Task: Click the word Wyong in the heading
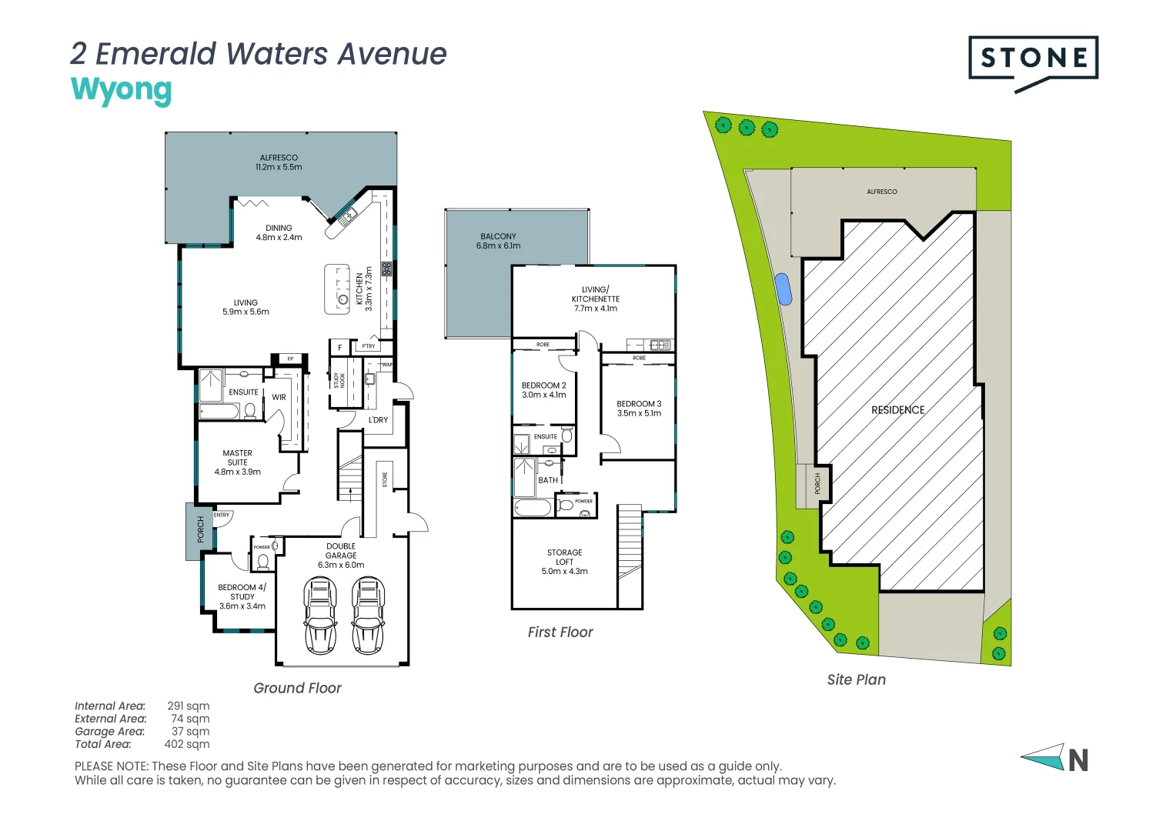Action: click(121, 89)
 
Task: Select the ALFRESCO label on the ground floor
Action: click(279, 158)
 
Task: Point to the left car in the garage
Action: click(320, 616)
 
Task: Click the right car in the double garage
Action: click(368, 616)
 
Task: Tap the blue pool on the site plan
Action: click(783, 289)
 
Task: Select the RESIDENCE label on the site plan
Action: click(897, 410)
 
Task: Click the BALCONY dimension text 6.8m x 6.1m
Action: click(498, 246)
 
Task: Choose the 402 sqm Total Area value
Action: click(186, 744)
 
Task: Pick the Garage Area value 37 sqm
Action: click(190, 732)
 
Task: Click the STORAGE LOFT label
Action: click(564, 557)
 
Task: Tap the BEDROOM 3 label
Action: click(639, 404)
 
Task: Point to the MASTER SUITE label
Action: click(237, 458)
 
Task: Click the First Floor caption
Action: click(560, 632)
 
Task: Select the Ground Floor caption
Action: click(297, 689)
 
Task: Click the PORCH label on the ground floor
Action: click(201, 529)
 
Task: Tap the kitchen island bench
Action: click(337, 289)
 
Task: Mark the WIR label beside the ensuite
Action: click(279, 398)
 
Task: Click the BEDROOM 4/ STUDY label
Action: click(242, 592)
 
